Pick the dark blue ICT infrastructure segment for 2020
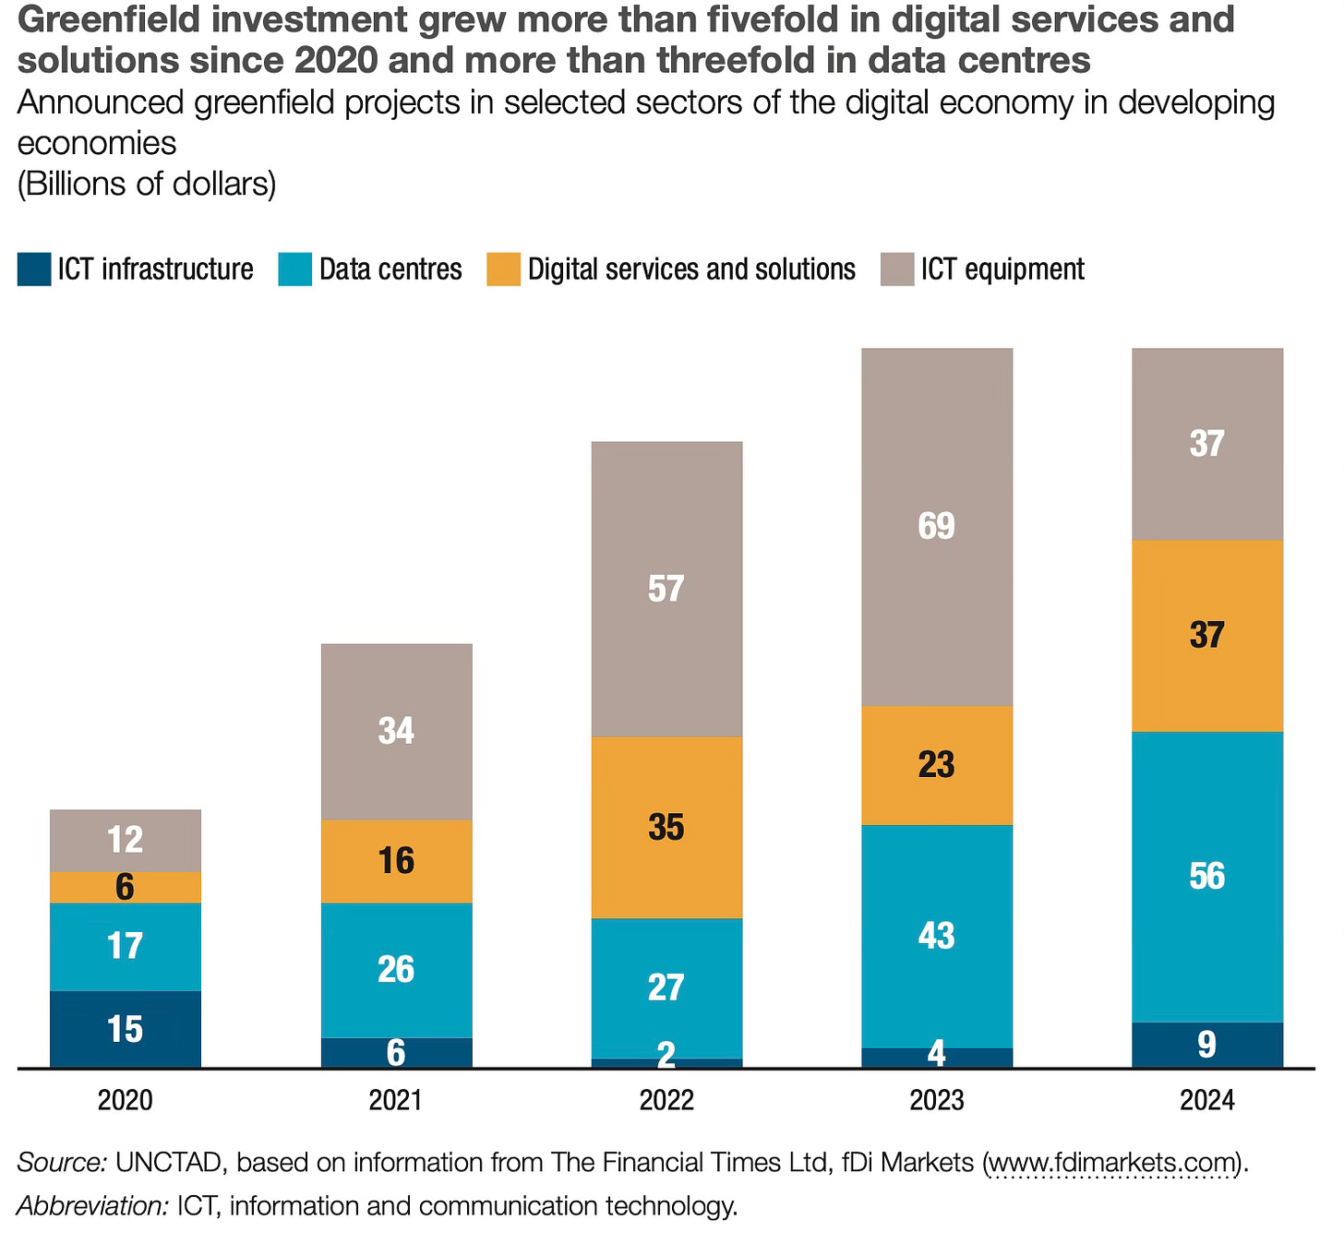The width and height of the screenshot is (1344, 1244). (126, 1029)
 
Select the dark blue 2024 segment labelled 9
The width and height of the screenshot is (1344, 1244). (1207, 1045)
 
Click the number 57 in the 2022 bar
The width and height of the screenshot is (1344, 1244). (666, 589)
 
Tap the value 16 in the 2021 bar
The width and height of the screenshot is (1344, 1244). (396, 861)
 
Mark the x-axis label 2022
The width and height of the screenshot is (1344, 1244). (666, 1100)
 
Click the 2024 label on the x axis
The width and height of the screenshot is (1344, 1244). (1207, 1100)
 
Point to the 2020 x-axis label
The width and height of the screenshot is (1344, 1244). (126, 1100)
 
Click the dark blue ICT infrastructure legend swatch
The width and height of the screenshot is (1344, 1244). (34, 269)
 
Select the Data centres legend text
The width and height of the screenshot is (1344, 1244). (390, 269)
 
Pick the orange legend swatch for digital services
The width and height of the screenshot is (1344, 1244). (504, 269)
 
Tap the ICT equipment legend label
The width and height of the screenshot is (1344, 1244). (1002, 269)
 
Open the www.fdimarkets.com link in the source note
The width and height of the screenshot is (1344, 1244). (1112, 1162)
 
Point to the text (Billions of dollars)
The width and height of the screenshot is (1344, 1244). (147, 184)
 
